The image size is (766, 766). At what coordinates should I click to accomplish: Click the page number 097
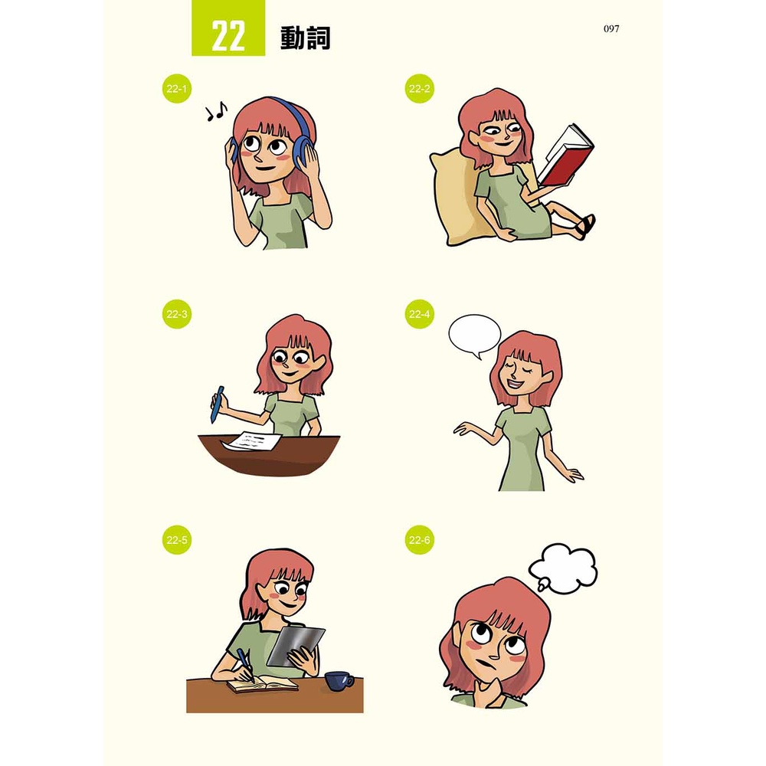[x=611, y=29]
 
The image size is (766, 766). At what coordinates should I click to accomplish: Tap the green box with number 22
[x=228, y=28]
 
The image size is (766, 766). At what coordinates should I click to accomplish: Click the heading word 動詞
[x=306, y=37]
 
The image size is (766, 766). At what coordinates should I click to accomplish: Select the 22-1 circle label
[x=176, y=88]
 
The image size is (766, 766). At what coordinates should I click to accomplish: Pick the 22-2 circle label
[x=419, y=88]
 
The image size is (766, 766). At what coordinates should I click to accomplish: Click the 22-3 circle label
[x=176, y=313]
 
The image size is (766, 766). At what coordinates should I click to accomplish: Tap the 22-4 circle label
[x=419, y=313]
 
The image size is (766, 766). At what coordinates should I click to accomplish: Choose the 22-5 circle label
[x=176, y=540]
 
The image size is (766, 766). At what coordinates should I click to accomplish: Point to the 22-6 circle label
[x=419, y=540]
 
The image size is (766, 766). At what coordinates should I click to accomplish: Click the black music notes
[x=216, y=112]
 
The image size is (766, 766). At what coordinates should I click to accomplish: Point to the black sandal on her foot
[x=585, y=227]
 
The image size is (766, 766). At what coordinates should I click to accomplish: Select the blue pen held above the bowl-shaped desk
[x=218, y=404]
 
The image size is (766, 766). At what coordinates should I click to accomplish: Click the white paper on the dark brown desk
[x=251, y=441]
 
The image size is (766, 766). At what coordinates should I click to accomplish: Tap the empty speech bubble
[x=474, y=336]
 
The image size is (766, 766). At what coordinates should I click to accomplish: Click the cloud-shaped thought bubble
[x=563, y=568]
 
